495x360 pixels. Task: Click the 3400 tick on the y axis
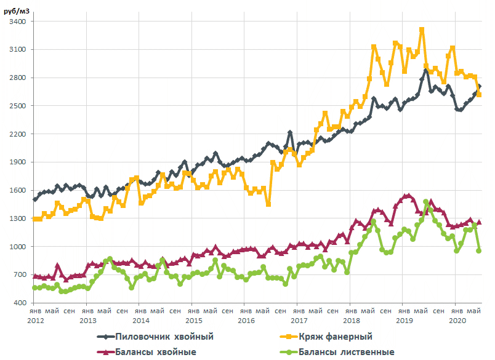tap(16, 22)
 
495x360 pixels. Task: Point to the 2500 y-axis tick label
tap(16, 106)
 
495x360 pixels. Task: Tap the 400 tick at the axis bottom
tap(18, 303)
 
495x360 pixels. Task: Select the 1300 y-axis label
tap(16, 218)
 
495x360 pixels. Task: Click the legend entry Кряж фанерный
tap(336, 337)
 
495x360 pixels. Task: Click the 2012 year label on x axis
tap(35, 321)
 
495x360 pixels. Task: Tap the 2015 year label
tap(193, 321)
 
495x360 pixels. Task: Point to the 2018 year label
tap(351, 321)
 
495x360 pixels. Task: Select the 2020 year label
tap(456, 321)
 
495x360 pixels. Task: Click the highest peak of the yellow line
tap(422, 30)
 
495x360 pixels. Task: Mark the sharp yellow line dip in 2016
tap(268, 204)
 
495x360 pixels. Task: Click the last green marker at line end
tap(479, 250)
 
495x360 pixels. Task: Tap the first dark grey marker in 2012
tap(35, 199)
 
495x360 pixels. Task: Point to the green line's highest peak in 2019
tap(426, 202)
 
